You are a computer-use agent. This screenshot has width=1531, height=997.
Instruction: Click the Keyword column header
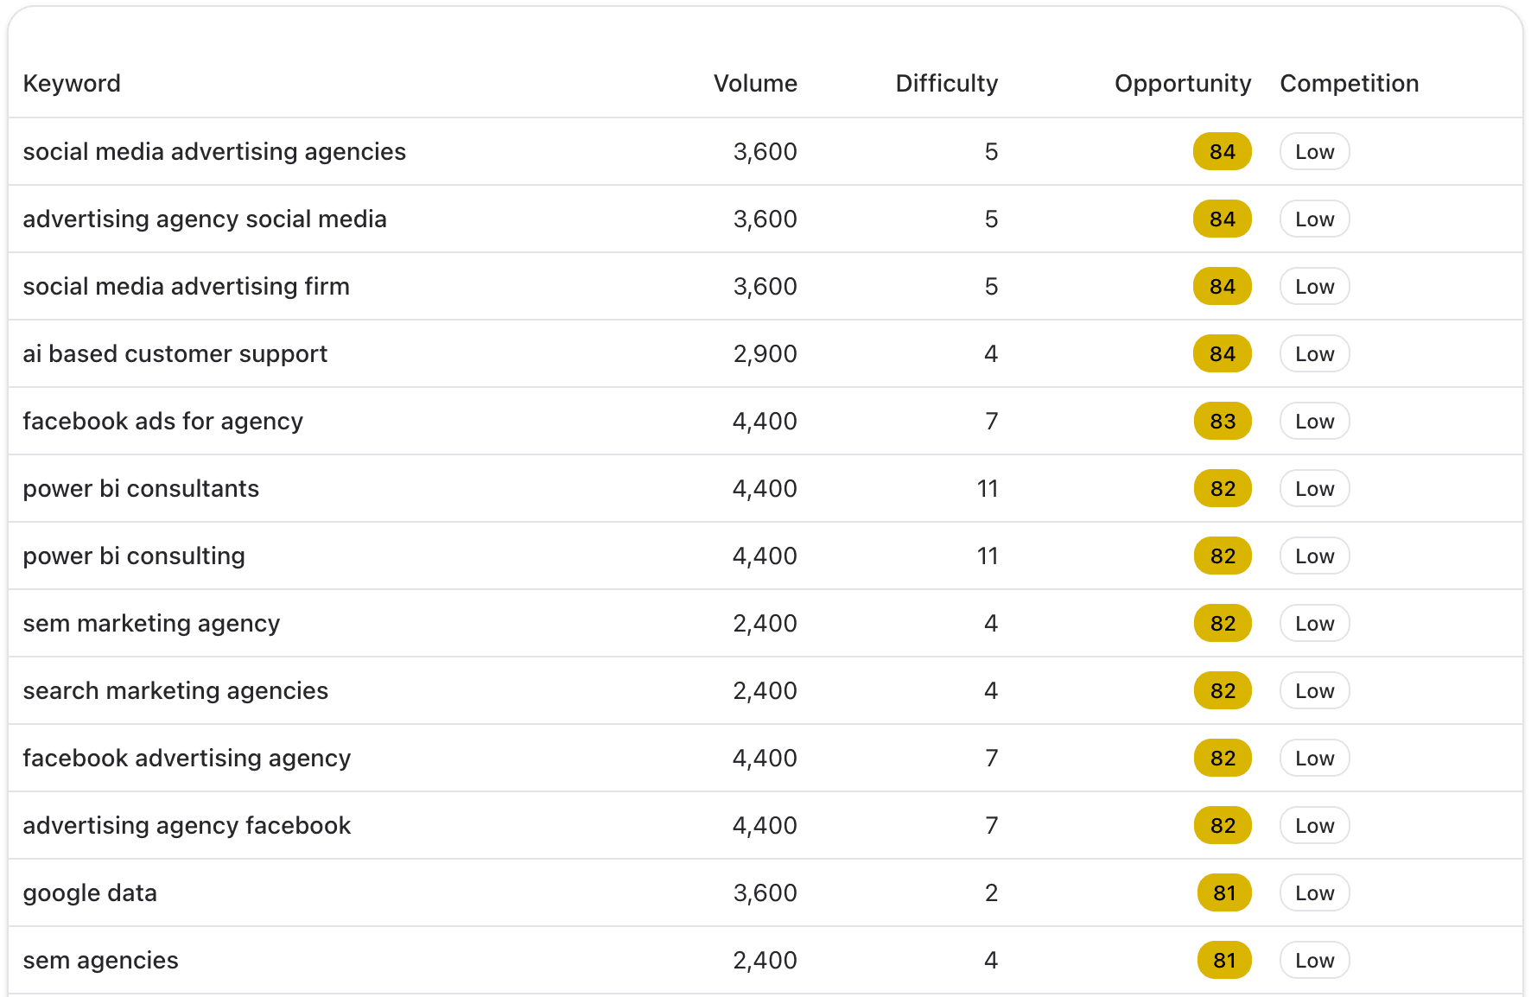click(72, 84)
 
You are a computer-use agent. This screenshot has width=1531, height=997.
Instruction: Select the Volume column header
click(755, 84)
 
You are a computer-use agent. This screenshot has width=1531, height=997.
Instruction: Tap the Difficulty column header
click(946, 84)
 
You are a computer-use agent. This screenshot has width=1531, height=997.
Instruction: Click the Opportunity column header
click(1182, 84)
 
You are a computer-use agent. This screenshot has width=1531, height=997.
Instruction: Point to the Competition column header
click(1349, 84)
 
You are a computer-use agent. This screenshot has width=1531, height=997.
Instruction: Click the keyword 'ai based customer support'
click(175, 354)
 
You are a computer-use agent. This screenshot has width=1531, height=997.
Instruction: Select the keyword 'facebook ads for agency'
click(163, 422)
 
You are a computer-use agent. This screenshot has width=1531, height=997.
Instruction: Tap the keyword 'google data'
click(90, 893)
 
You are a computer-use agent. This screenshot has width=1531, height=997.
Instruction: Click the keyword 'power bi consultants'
click(141, 489)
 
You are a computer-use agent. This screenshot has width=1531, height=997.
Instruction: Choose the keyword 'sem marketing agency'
click(151, 624)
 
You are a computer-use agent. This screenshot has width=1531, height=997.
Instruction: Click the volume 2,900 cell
click(765, 354)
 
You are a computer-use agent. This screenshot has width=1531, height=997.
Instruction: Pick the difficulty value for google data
click(991, 893)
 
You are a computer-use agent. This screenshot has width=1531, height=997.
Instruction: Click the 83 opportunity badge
click(1223, 422)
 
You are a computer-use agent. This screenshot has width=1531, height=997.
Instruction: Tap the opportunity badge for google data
click(1224, 893)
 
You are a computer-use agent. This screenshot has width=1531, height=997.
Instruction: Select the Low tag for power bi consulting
click(1314, 556)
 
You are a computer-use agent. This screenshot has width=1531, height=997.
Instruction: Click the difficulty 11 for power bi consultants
click(988, 489)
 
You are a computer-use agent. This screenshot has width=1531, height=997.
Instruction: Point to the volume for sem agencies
click(765, 961)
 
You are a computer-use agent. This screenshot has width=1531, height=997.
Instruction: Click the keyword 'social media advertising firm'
click(187, 287)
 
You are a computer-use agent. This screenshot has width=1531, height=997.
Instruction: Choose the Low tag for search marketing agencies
click(1314, 691)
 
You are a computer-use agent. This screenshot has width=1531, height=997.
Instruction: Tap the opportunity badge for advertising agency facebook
click(1223, 826)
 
